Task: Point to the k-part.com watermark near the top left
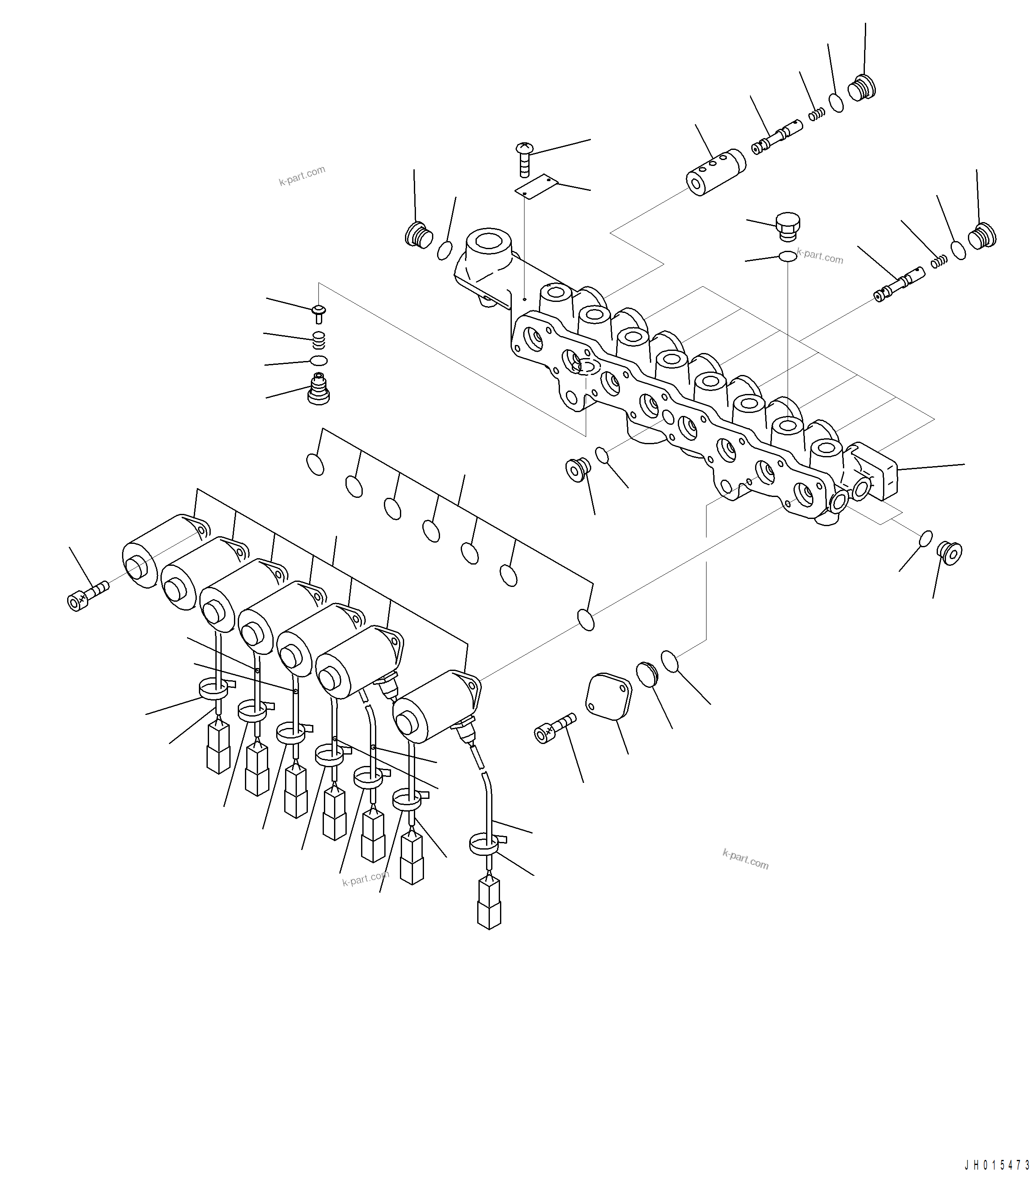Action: tap(302, 176)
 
